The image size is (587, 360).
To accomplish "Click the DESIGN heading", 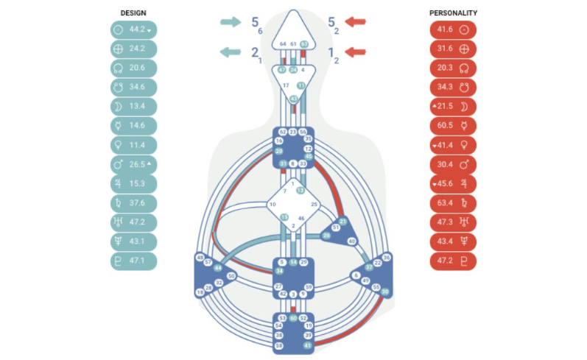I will pos(134,13).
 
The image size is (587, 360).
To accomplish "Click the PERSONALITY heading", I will pos(453,13).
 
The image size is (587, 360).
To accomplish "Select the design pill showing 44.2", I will pos(134,30).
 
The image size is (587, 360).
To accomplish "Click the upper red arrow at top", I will pos(356,21).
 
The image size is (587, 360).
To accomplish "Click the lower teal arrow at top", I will pos(231,52).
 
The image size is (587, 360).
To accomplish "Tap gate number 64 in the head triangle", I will pos(283,44).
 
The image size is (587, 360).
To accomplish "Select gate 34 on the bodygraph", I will pos(218,270).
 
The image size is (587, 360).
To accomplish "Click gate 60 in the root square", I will pos(293,318).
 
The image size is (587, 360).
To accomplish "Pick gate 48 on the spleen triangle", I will pos(200,257).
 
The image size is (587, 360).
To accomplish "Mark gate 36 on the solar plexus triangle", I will pos(387,256).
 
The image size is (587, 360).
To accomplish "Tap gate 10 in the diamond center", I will pos(272,204).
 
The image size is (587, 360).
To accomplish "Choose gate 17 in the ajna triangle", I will pos(286,85).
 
